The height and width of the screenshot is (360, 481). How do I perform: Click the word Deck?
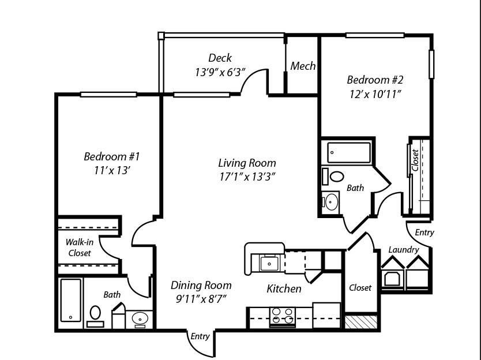tap(220, 58)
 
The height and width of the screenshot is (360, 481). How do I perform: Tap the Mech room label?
tap(303, 66)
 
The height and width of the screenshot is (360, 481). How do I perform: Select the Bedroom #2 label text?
tap(375, 80)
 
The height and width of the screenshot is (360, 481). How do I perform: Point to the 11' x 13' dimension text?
tap(112, 170)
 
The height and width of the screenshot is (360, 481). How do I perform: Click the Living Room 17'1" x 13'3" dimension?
tap(247, 177)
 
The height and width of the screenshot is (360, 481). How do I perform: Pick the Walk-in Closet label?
tap(80, 247)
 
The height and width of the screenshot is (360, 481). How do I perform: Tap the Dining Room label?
tap(201, 285)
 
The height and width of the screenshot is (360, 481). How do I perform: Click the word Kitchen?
tap(284, 288)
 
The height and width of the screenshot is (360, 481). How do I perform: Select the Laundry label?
tap(403, 249)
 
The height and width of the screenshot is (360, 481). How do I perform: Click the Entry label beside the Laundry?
tap(424, 232)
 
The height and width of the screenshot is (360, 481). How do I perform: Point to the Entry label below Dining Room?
tap(200, 336)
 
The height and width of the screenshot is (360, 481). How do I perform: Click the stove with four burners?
tap(283, 316)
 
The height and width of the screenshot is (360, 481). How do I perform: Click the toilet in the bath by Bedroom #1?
tap(95, 314)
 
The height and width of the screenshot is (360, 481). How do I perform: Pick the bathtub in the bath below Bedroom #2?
tap(348, 152)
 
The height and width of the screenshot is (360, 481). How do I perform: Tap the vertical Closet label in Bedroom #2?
tap(415, 161)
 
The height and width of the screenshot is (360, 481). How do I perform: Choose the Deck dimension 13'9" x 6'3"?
tap(220, 72)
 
